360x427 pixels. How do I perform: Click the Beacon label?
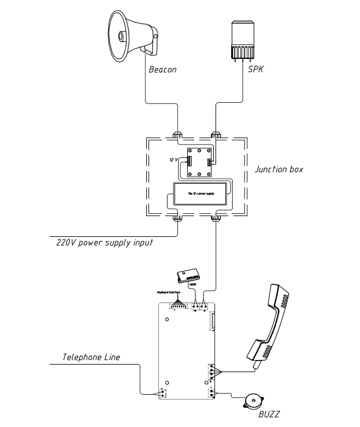162,70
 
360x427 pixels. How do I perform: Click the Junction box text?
279,170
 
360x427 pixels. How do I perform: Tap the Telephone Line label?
91,357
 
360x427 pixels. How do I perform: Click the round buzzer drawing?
252,400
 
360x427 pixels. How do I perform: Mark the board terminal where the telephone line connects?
162,393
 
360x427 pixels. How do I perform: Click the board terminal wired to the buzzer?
212,393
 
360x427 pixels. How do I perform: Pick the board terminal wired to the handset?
212,370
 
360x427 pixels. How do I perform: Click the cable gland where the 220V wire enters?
179,219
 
